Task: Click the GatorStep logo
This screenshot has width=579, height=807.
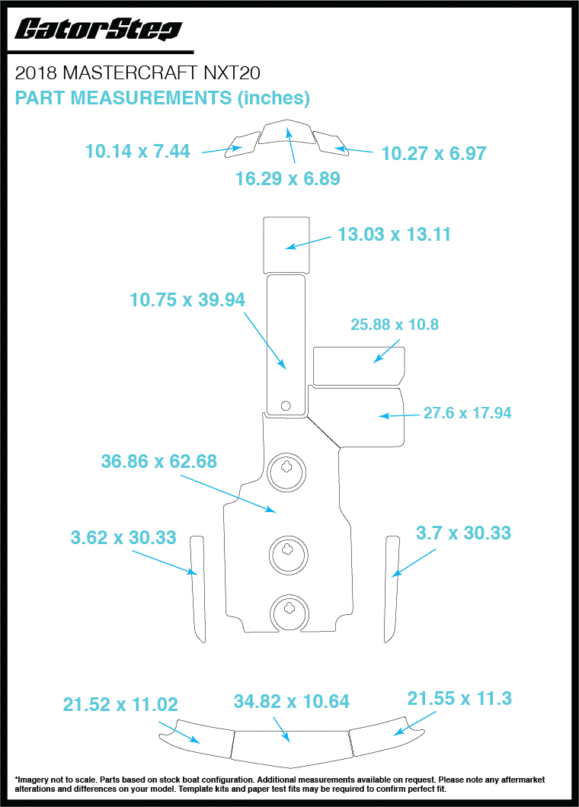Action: coord(98,30)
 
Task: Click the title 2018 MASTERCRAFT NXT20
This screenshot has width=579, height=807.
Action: coord(138,73)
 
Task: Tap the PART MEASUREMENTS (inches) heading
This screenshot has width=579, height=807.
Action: coord(162,98)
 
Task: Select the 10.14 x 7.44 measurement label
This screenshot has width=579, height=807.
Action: coord(137,151)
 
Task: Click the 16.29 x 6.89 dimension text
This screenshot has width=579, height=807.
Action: coord(287,179)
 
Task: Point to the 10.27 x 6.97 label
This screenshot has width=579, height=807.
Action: coord(433,154)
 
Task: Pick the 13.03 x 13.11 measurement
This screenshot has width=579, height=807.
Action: coord(394,235)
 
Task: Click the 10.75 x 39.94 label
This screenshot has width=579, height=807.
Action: coord(187,300)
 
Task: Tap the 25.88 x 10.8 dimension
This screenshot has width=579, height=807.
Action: coord(394,325)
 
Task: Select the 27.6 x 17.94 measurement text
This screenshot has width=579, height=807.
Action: coord(467,414)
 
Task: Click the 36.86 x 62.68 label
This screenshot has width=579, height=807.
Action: coord(158,461)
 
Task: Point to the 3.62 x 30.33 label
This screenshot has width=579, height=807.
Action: coord(123,537)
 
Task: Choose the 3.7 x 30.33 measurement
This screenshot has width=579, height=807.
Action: coord(463,533)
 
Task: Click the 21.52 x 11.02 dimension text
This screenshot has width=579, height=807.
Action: coord(120,705)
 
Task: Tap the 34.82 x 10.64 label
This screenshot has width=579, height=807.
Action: coord(292,701)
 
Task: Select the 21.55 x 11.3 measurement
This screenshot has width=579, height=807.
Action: coord(459,699)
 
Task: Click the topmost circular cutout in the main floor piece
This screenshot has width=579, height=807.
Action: coord(287,473)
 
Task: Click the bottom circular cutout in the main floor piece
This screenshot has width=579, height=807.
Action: coord(289,613)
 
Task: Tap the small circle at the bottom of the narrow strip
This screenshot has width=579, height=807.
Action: coord(286,405)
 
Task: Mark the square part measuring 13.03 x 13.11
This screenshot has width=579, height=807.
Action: coord(286,244)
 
